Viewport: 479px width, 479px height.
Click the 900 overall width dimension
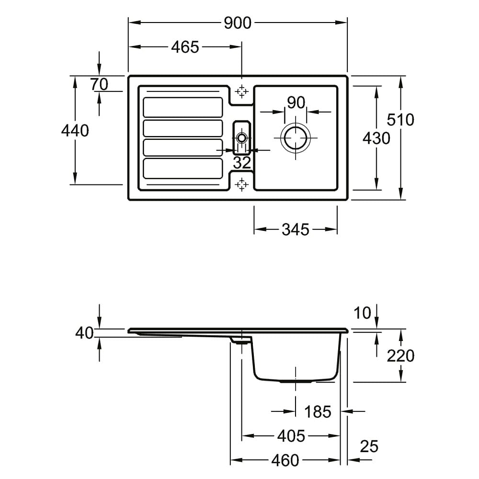[x=238, y=23]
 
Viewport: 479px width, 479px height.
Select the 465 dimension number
[x=185, y=47]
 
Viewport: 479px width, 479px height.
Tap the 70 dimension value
[x=99, y=84]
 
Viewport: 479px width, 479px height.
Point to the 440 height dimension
[x=75, y=131]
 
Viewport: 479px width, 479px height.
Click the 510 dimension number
[x=400, y=119]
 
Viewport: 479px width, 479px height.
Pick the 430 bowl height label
[x=376, y=138]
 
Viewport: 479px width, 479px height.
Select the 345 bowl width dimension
[x=296, y=229]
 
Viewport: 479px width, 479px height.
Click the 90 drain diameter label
[x=296, y=103]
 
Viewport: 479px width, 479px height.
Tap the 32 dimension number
[x=242, y=163]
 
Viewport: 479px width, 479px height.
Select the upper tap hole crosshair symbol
[x=241, y=91]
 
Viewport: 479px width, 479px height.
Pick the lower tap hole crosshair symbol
[x=241, y=184]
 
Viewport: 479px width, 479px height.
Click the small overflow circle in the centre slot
[x=241, y=138]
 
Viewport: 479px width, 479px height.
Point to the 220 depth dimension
[x=400, y=356]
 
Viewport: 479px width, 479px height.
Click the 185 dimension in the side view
[x=318, y=412]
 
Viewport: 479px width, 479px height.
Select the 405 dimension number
[x=291, y=436]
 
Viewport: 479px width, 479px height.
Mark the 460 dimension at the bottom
[x=285, y=460]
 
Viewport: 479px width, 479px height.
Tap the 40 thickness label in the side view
[x=84, y=333]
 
